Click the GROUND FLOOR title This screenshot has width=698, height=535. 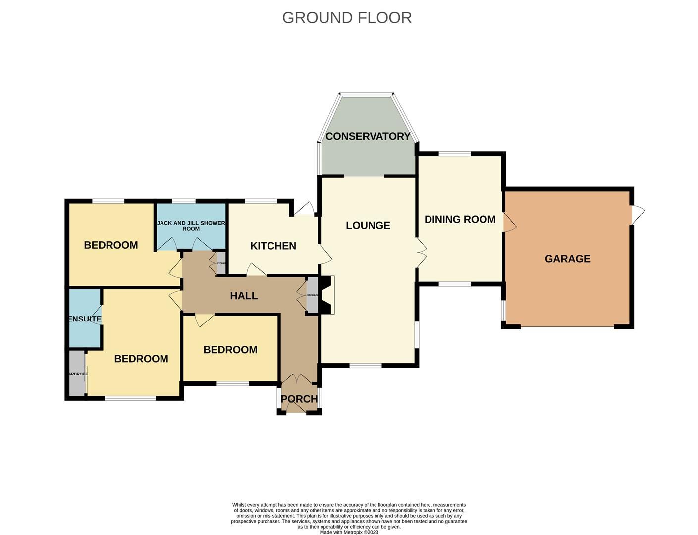[x=347, y=18]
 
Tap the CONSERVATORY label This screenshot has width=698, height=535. [x=368, y=136]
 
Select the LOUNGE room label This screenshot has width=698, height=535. [x=368, y=226]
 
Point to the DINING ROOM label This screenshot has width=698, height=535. [x=460, y=219]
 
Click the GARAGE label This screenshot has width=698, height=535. [x=567, y=259]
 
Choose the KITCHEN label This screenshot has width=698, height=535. [x=273, y=246]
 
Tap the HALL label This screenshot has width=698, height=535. [x=244, y=296]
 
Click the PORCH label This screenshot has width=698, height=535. [x=299, y=399]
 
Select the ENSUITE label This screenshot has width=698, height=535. [x=85, y=319]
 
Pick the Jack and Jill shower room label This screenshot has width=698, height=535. [x=191, y=226]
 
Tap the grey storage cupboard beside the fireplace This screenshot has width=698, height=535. [x=312, y=295]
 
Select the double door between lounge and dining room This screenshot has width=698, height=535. [x=421, y=252]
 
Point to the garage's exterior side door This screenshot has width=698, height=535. [x=638, y=214]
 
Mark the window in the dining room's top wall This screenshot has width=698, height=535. [x=454, y=154]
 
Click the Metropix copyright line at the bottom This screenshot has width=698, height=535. [x=349, y=532]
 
